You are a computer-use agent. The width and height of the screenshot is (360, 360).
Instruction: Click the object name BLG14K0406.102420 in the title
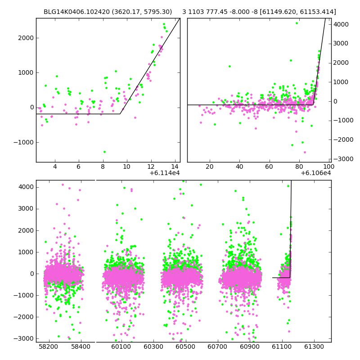pos(76,12)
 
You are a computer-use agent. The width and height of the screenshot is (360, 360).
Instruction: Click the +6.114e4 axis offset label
pos(165,173)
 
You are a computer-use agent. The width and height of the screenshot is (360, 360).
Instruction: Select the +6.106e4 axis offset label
pos(316,173)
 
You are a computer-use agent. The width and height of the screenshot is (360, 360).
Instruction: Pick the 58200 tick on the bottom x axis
pos(49,346)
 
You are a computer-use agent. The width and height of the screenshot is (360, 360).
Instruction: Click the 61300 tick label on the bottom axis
pos(314,346)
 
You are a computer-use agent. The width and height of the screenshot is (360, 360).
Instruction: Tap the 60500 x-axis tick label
pos(185,346)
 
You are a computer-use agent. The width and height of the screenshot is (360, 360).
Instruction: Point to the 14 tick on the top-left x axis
pos(175,166)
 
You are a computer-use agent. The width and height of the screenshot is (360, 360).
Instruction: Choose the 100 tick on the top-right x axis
pos(329,166)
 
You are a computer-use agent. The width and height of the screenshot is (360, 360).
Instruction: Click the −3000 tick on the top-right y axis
pos(343,159)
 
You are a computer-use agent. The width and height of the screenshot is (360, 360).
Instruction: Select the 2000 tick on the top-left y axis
pos(26,38)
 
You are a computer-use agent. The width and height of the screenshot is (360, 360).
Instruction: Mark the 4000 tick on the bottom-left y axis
pos(26,187)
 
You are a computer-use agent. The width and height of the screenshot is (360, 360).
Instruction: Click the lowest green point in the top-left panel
pos(104,152)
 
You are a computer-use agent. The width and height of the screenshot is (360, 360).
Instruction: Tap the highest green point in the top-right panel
pos(297,23)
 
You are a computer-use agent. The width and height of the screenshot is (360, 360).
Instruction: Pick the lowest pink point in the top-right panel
pos(305,152)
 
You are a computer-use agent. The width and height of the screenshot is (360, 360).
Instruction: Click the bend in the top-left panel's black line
pos(120,114)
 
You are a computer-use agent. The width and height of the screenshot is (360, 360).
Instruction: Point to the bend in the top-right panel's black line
pos(313,105)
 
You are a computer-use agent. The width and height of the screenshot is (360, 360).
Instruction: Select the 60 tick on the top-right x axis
pos(269,166)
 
